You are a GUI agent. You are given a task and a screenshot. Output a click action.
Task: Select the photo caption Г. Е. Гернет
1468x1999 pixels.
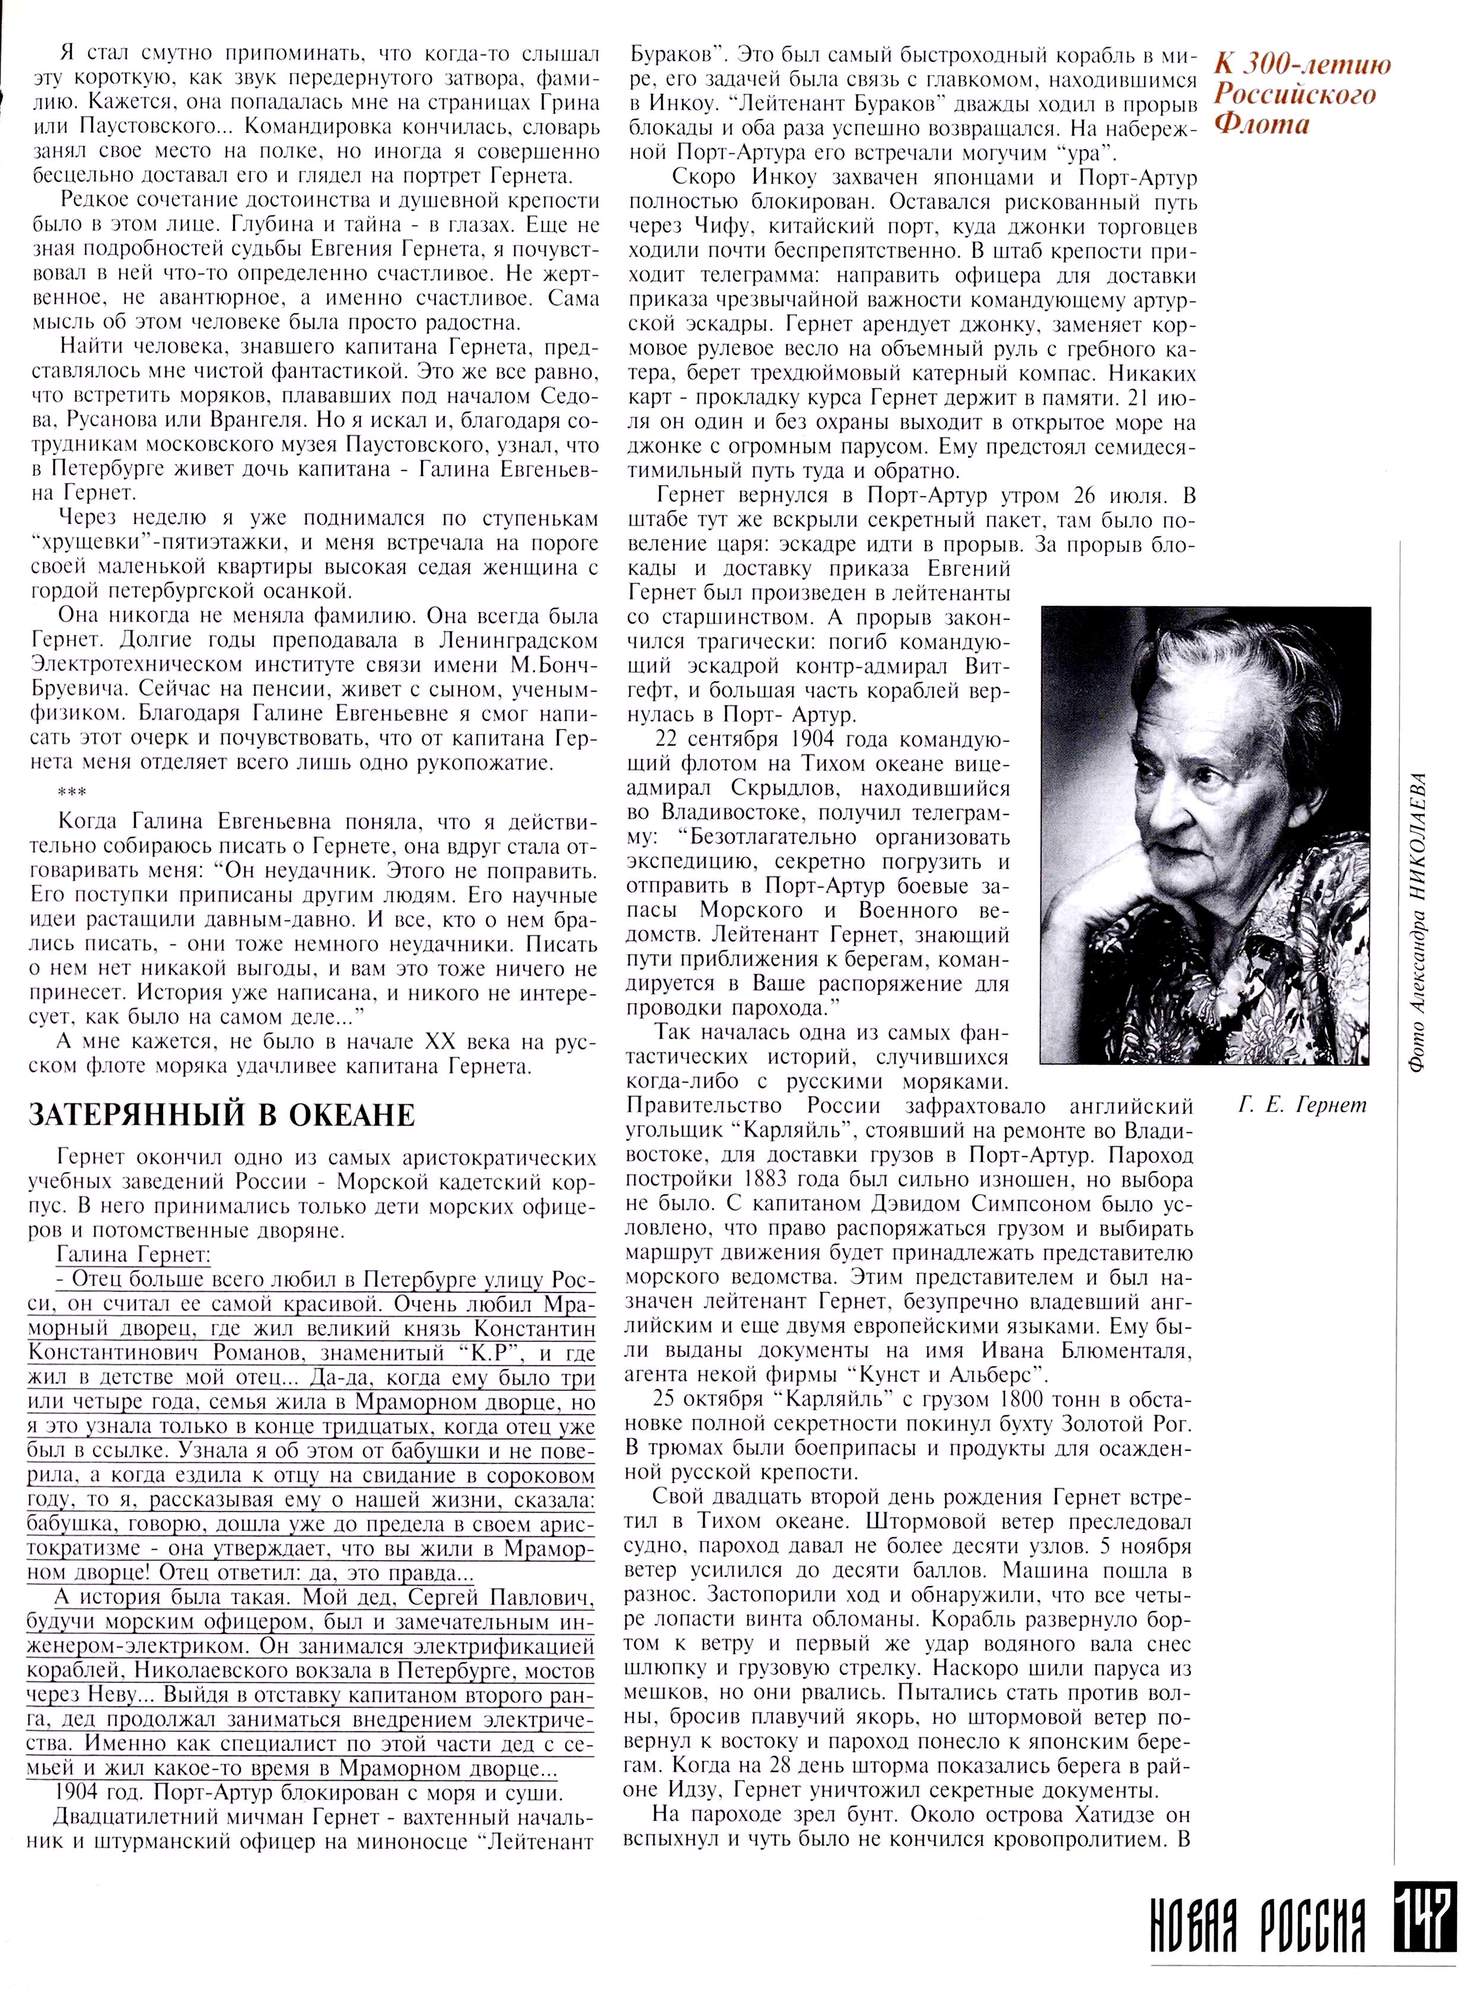click(1302, 1105)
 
